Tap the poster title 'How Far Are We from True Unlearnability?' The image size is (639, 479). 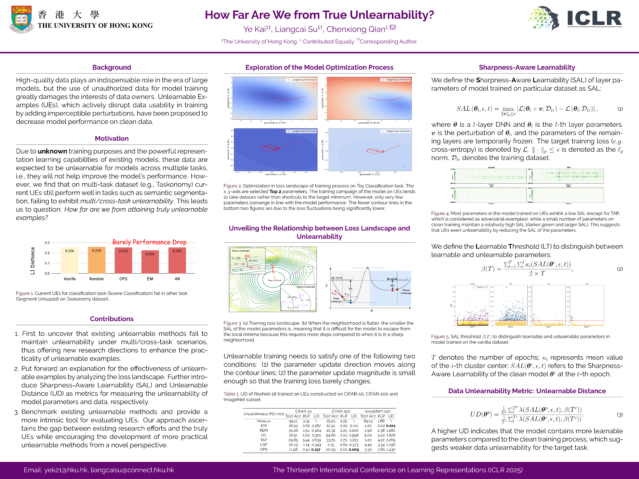319,15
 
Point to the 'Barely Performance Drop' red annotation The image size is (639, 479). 149,242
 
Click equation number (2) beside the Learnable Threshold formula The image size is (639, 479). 620,269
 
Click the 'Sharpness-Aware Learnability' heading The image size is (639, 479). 527,67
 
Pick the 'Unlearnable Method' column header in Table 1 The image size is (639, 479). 263,414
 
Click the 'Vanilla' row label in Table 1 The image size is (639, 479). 263,421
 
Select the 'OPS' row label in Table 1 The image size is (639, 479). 263,449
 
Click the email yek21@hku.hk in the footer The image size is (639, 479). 66,470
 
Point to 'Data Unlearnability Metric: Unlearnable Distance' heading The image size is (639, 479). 527,391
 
